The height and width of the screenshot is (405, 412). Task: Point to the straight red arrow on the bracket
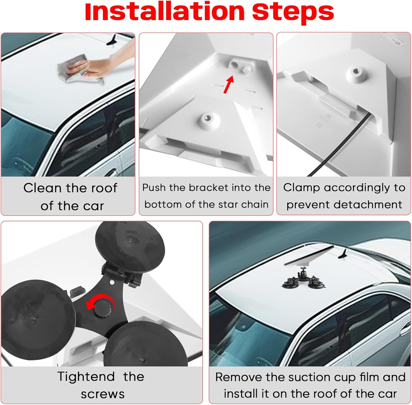point(229,84)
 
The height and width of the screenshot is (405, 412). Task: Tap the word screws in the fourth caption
point(102,394)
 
